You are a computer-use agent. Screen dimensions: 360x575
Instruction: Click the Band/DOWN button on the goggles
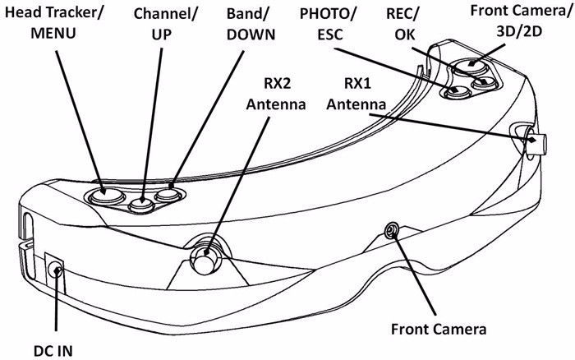(168, 196)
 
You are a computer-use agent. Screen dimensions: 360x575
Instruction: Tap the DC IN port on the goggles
(56, 268)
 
